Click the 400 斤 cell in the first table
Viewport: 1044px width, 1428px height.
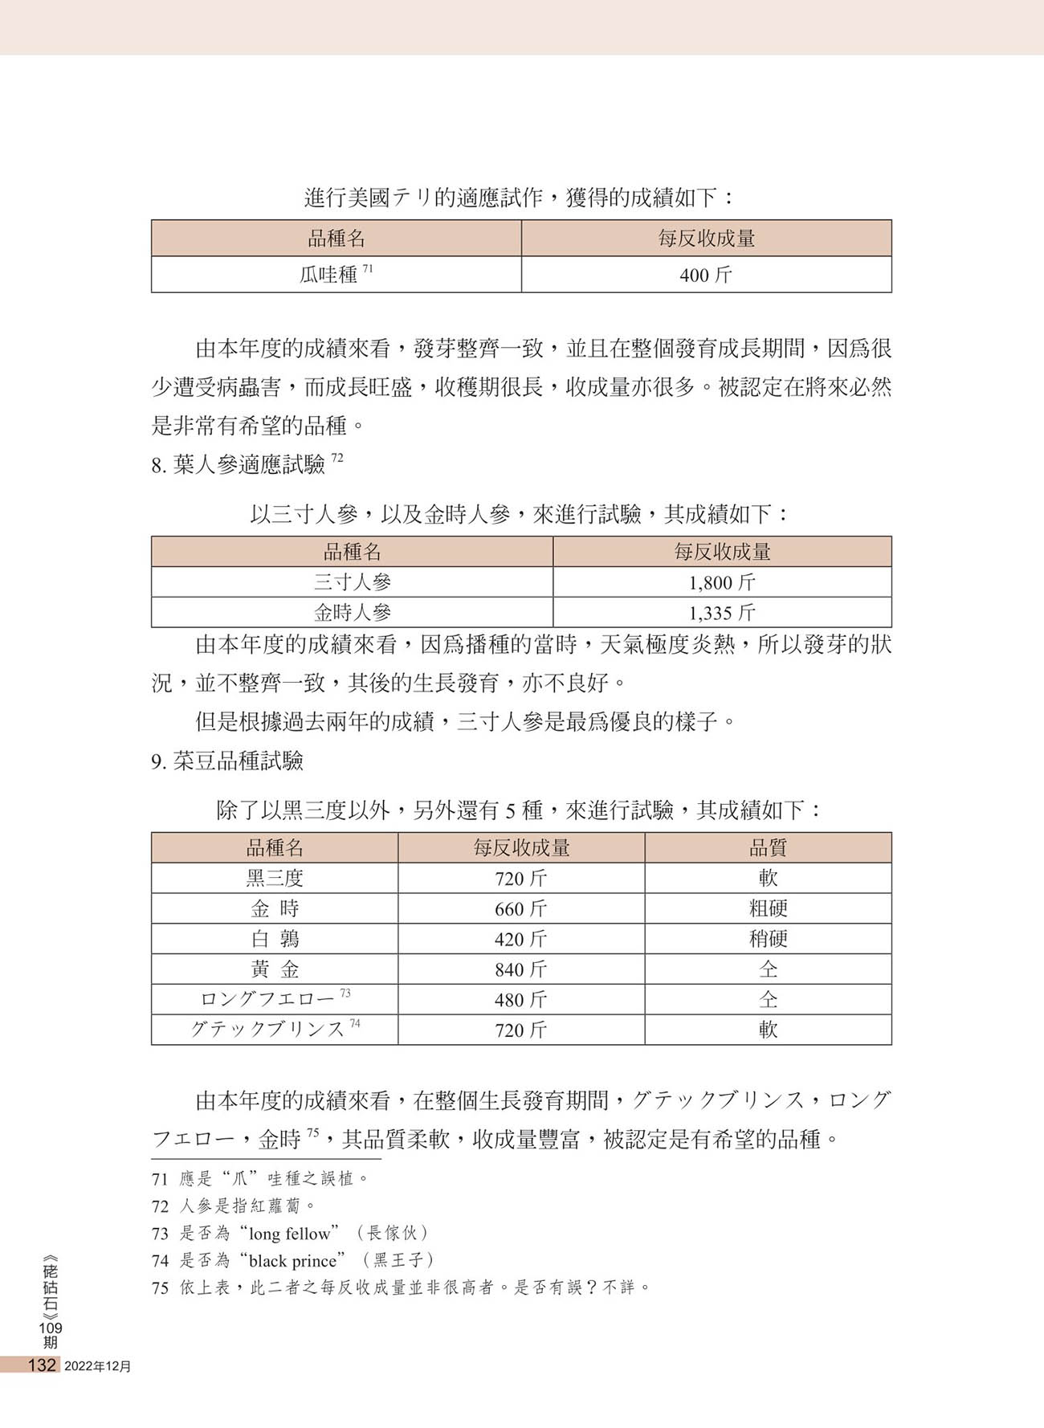coord(706,275)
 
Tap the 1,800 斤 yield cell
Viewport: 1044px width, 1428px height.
coord(721,582)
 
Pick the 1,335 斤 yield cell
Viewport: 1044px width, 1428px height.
coord(721,613)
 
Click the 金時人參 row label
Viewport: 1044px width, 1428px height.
coord(352,613)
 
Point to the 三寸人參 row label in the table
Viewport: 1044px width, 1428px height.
coord(352,582)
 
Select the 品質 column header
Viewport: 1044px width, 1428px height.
coord(768,847)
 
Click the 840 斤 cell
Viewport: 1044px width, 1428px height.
coord(520,969)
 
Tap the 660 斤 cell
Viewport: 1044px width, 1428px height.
coord(520,908)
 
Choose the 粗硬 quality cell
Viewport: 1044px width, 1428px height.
coord(768,908)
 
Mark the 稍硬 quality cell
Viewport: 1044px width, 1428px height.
coord(768,939)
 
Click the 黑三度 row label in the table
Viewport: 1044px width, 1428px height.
coord(275,878)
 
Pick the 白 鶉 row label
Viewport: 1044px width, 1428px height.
coord(275,939)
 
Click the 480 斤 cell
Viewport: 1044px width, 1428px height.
coord(520,1000)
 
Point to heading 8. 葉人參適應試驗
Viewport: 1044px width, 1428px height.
coord(239,464)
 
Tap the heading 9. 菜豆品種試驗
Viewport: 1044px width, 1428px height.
coord(227,761)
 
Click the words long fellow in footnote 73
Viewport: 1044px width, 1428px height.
coord(289,1234)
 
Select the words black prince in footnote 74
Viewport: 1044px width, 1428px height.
coord(292,1261)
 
